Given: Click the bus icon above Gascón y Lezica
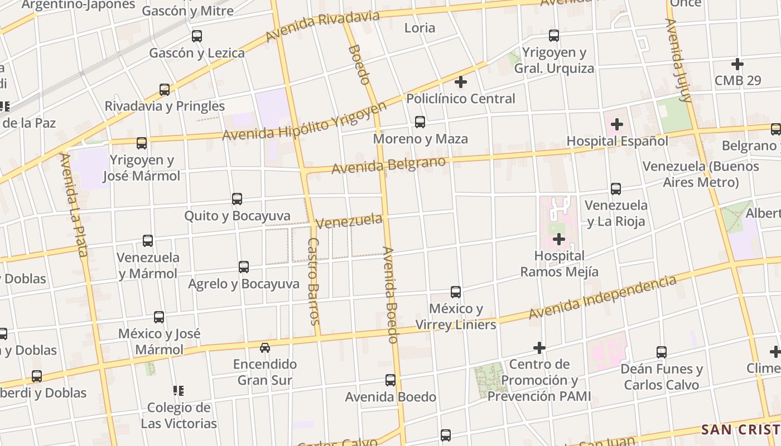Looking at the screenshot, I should [197, 36].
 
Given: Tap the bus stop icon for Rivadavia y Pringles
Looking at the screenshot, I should [165, 89].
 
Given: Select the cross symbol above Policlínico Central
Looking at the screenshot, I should [461, 83].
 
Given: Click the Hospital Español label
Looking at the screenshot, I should [617, 141].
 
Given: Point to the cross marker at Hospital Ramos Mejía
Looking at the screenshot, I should [559, 240].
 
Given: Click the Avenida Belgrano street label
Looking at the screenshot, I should [389, 165].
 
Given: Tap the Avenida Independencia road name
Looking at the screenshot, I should [602, 298].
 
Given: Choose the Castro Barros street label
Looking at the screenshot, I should [314, 282].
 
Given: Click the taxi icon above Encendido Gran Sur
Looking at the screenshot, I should [265, 348].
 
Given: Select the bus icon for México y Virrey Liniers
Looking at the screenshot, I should [456, 292].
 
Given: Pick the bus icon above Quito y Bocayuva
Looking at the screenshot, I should [237, 199].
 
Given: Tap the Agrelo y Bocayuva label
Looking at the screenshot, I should [244, 284].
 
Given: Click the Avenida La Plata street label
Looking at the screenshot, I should [74, 205].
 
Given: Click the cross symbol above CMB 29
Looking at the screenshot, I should [737, 64].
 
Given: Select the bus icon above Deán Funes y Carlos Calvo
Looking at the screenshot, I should [662, 352].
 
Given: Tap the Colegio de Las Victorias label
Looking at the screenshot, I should [179, 415].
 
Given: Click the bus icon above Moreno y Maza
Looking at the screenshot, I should [420, 122].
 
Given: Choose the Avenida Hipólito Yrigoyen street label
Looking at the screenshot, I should [305, 122].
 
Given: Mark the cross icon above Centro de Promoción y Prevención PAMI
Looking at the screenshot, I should [539, 348].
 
